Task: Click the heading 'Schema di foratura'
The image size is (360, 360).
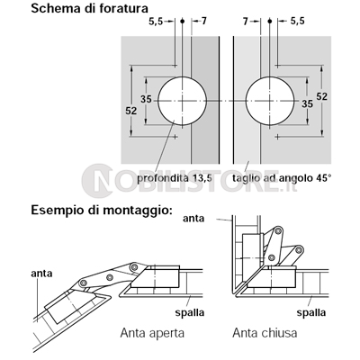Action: [x=90, y=9]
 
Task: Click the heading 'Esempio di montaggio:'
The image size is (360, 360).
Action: [x=102, y=211]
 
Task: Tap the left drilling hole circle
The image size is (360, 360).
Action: [x=183, y=101]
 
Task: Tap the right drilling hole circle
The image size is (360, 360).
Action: [x=270, y=101]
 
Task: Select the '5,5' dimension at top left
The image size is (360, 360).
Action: [x=156, y=22]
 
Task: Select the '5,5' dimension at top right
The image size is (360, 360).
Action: [x=297, y=21]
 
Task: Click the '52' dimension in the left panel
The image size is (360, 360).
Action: [x=131, y=111]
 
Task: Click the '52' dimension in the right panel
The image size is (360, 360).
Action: [x=321, y=96]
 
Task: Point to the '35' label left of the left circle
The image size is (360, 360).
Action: [x=147, y=99]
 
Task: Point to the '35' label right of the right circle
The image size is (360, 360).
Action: [x=307, y=103]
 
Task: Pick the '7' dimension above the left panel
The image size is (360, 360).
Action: [x=203, y=22]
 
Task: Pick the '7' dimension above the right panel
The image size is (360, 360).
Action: [x=246, y=22]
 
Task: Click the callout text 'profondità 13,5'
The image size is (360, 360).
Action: [x=175, y=178]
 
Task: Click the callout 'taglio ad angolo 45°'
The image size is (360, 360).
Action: [x=282, y=178]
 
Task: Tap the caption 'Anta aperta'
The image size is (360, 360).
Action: [x=152, y=333]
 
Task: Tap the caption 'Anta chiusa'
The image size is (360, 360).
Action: [x=265, y=333]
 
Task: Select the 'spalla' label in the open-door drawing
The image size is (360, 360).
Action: [x=190, y=312]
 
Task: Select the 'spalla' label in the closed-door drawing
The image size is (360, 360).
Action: [x=311, y=312]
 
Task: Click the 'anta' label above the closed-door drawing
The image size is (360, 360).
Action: [x=193, y=219]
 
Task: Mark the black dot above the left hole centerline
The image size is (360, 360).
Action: [x=182, y=22]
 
